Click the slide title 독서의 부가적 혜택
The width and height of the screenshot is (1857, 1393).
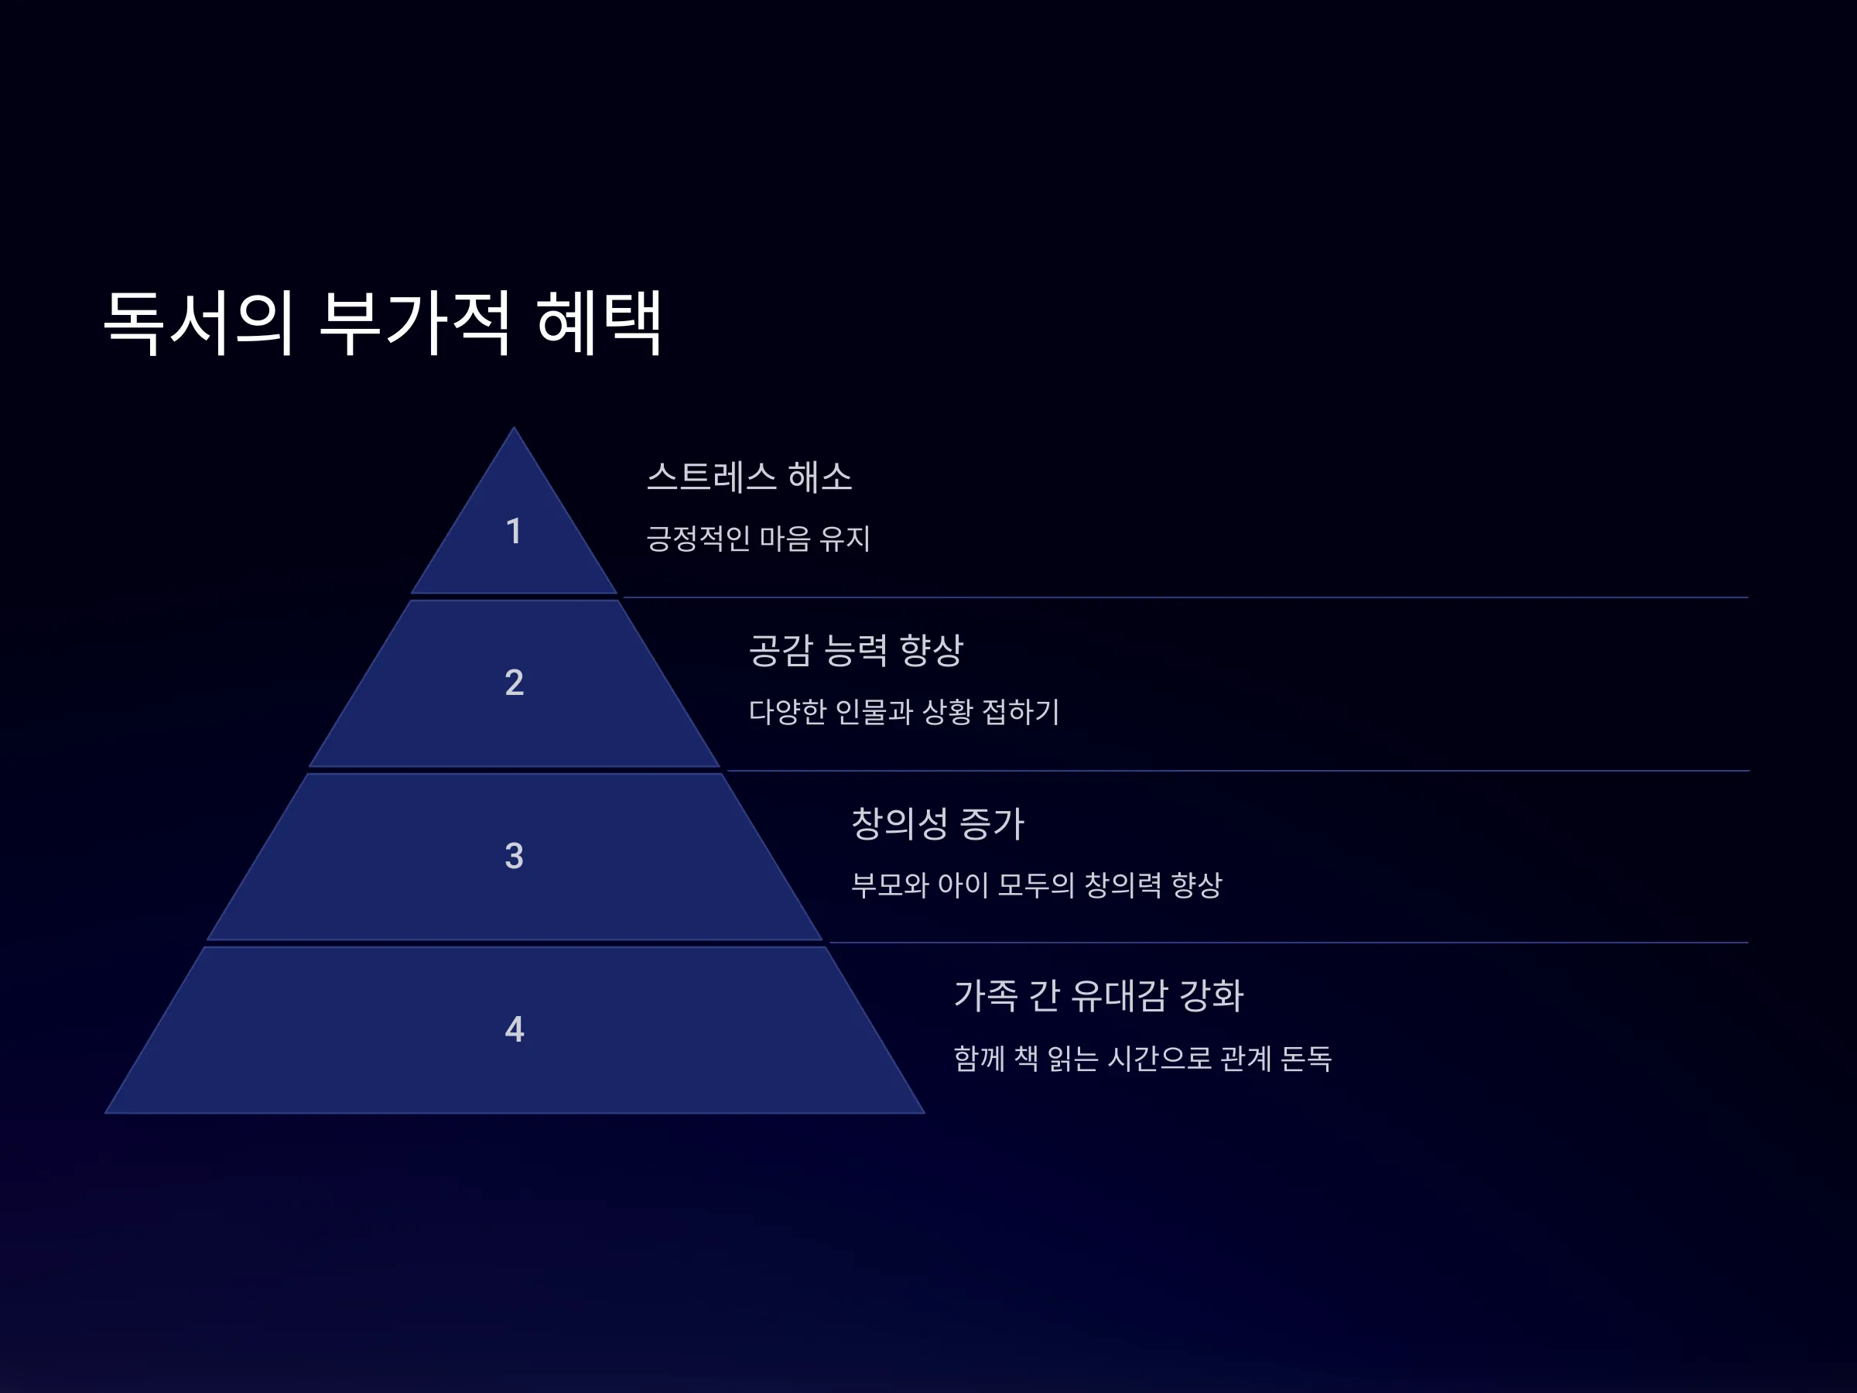click(383, 323)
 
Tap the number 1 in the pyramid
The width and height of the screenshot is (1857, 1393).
click(514, 532)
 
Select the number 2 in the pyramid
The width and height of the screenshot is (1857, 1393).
click(514, 683)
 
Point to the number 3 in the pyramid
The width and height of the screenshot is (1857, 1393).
click(514, 857)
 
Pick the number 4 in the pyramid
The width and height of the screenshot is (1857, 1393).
click(514, 1029)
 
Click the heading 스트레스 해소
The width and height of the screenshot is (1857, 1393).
click(749, 477)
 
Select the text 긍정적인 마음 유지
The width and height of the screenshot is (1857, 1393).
click(758, 538)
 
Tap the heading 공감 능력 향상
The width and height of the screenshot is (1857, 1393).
click(856, 650)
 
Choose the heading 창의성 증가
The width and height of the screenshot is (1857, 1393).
click(938, 823)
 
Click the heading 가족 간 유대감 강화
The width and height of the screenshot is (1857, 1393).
click(1098, 996)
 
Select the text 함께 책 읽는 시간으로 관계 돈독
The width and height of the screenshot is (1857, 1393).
click(1143, 1058)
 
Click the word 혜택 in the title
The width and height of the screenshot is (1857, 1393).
click(600, 323)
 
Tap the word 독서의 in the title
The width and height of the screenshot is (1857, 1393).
click(198, 323)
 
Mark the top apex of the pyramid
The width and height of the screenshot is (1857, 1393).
click(514, 427)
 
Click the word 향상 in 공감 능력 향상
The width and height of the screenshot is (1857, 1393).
click(931, 650)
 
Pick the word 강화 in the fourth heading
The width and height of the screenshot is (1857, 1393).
click(1212, 996)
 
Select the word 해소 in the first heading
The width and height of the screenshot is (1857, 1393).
click(820, 477)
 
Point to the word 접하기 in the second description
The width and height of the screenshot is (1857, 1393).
click(1021, 712)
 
